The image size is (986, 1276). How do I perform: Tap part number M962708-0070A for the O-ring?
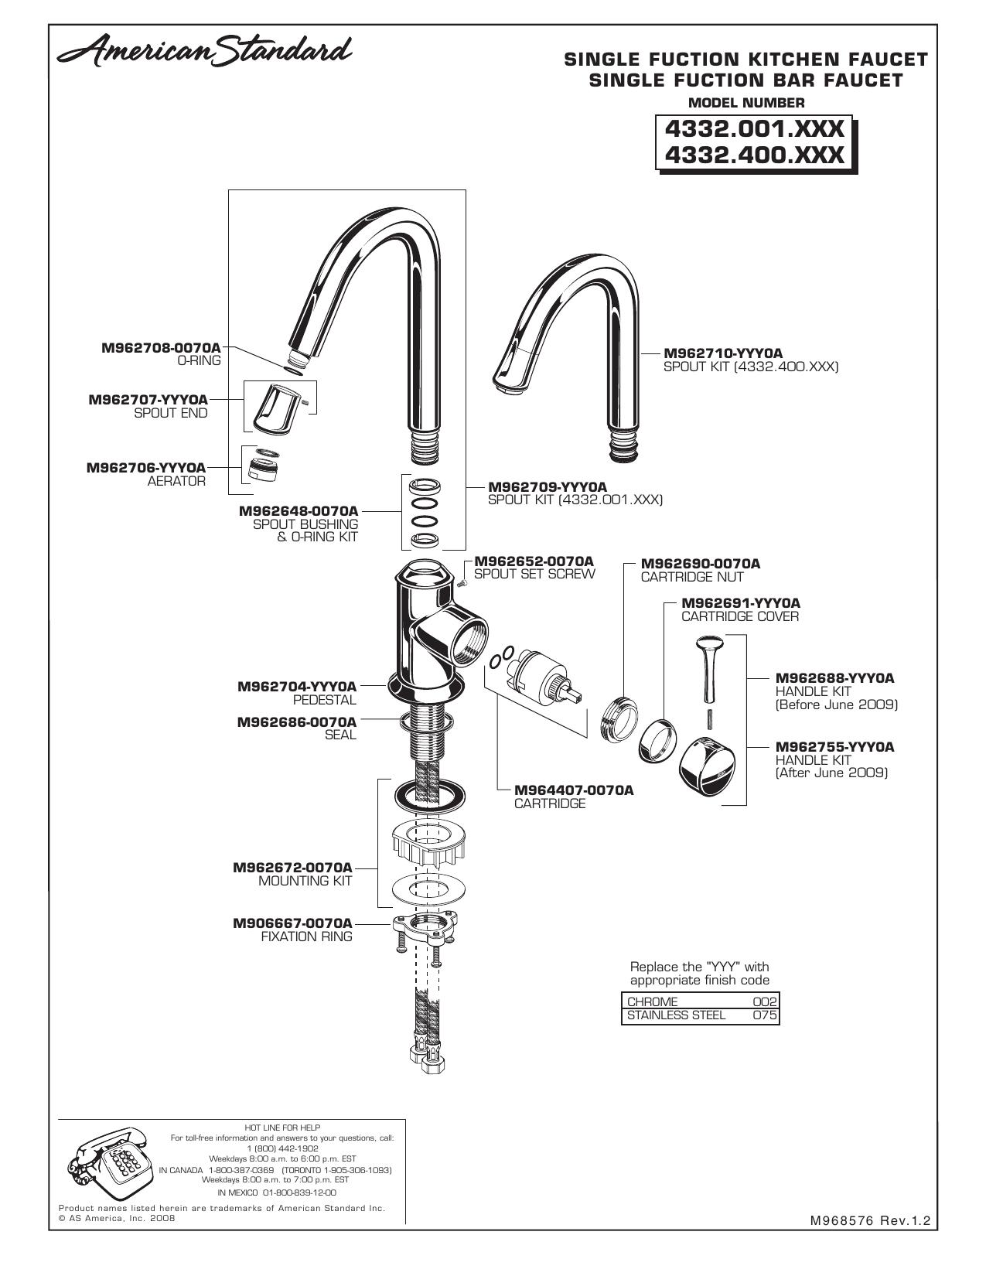162,348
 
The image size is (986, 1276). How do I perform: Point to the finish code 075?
765,1015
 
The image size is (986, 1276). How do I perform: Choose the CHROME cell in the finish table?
652,1001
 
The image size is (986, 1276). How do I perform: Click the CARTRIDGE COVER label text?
740,616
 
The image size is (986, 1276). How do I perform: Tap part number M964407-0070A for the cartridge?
574,790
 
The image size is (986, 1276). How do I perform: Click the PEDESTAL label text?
325,700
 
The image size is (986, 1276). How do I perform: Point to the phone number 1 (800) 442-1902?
282,1148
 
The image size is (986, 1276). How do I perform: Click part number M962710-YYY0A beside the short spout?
723,353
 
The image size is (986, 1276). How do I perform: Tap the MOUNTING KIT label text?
305,881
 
